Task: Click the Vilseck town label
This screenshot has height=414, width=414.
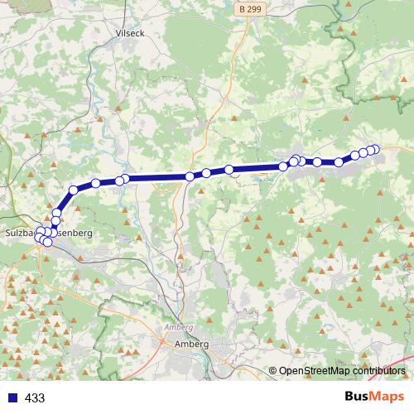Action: [x=131, y=33]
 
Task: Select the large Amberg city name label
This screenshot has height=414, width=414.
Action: [x=191, y=344]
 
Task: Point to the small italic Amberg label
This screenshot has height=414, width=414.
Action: [x=179, y=328]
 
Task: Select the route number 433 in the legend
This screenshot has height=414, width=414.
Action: [x=35, y=397]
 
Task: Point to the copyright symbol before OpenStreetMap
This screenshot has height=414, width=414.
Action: [x=272, y=372]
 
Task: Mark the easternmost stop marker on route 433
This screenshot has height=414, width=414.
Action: [x=374, y=149]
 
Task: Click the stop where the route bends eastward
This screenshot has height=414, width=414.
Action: [x=73, y=190]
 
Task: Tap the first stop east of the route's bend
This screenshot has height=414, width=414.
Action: [x=95, y=183]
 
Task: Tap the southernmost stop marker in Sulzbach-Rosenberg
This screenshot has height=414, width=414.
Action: [x=47, y=242]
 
